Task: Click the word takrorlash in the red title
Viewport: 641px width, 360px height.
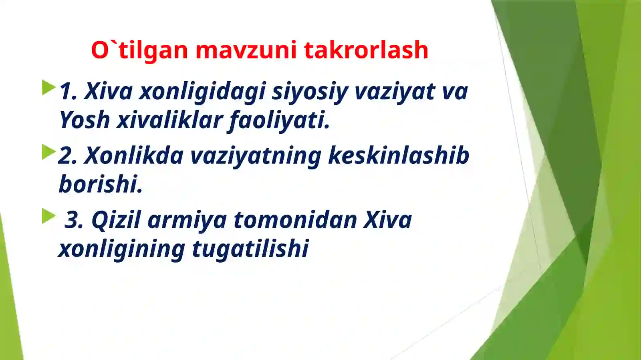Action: (x=366, y=50)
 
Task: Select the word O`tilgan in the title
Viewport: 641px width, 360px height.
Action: (x=139, y=51)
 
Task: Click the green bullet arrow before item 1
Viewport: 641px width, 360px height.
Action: (x=48, y=88)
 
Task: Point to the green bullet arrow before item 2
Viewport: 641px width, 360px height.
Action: (x=48, y=152)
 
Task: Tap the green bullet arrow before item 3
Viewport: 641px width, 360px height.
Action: (x=48, y=217)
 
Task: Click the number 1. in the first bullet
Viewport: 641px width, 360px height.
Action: (x=68, y=91)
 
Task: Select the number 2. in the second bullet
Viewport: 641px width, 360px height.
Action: (x=68, y=156)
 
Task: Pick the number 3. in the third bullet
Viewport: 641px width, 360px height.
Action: (x=74, y=220)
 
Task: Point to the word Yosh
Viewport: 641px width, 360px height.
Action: (x=85, y=120)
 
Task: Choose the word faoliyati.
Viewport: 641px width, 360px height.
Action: (x=279, y=121)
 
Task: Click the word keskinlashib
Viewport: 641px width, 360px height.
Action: (x=398, y=155)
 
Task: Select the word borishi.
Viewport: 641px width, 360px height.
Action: (x=101, y=184)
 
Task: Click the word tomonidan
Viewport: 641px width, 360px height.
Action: (x=295, y=220)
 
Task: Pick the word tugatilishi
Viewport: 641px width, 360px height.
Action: (x=250, y=249)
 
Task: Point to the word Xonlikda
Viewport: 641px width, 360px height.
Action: (x=134, y=155)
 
